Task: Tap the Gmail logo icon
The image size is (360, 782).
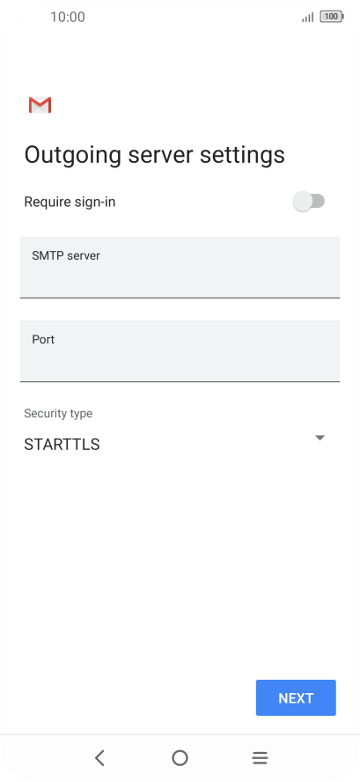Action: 40,105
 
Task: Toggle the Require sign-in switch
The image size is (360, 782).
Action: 309,202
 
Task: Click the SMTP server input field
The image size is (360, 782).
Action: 180,268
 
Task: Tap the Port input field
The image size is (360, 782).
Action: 180,351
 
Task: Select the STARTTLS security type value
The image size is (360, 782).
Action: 62,445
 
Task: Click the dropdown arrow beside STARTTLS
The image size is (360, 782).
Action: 320,438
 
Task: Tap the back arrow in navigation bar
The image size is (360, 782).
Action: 99,758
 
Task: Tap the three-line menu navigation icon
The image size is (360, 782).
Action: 260,758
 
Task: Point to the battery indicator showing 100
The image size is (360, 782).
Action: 332,17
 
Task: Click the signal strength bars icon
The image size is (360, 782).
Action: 308,18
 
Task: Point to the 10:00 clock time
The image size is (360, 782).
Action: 68,17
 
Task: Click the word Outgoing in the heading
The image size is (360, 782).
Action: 73,156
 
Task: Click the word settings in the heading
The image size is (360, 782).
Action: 242,156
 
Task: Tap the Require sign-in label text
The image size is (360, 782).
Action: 70,202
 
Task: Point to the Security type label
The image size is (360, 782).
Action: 58,413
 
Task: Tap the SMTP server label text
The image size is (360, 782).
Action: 66,256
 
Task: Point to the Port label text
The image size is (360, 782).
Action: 43,340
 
